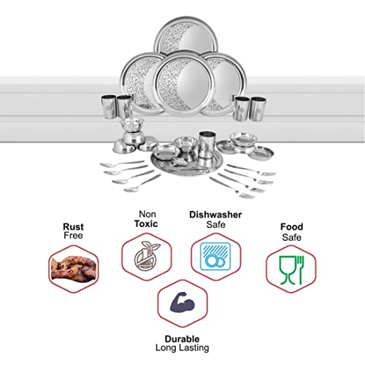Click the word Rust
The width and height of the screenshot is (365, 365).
pyautogui.click(x=73, y=226)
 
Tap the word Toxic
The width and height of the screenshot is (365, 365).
pyautogui.click(x=146, y=223)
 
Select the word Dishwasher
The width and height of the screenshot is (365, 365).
pyautogui.click(x=215, y=215)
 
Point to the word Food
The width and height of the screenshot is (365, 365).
pyautogui.click(x=292, y=227)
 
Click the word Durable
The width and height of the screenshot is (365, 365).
pyautogui.click(x=182, y=339)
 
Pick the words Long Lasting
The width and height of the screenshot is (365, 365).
pyautogui.click(x=182, y=348)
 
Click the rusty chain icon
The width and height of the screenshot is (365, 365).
pyautogui.click(x=74, y=269)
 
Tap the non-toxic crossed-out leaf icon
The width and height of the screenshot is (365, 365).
pyautogui.click(x=147, y=255)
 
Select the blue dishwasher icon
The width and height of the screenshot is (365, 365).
pyautogui.click(x=215, y=256)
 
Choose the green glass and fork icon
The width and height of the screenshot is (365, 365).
pyautogui.click(x=291, y=270)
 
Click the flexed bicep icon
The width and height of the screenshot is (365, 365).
pyautogui.click(x=182, y=302)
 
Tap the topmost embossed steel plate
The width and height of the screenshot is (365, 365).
pyautogui.click(x=186, y=36)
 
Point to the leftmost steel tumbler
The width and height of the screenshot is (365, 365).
pyautogui.click(x=109, y=107)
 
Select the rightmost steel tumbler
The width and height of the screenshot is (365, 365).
pyautogui.click(x=258, y=109)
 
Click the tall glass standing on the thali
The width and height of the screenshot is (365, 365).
pyautogui.click(x=207, y=145)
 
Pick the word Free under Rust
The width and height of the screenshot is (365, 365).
pyautogui.click(x=73, y=235)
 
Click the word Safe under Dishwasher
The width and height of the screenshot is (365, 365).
pyautogui.click(x=215, y=224)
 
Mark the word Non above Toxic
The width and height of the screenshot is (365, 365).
pyautogui.click(x=147, y=214)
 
